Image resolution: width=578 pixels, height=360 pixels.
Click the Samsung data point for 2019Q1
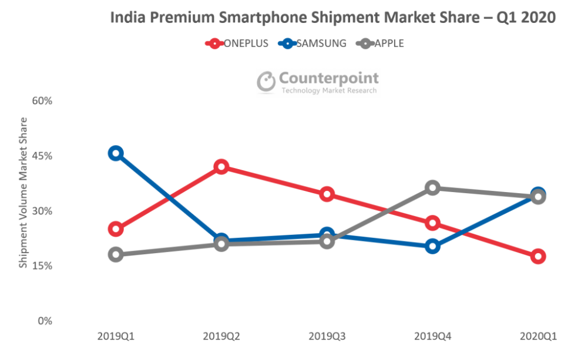pyautogui.click(x=116, y=153)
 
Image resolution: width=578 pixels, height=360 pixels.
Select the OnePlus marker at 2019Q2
pyautogui.click(x=221, y=167)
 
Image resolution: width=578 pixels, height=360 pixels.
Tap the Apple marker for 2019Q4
pyautogui.click(x=433, y=188)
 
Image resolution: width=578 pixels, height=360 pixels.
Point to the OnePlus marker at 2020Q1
pyautogui.click(x=538, y=256)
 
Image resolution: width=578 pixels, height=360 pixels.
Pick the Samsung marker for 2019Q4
pyautogui.click(x=433, y=246)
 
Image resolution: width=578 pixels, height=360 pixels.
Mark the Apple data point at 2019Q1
pyautogui.click(x=116, y=254)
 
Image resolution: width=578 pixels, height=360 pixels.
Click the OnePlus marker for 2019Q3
pyautogui.click(x=327, y=194)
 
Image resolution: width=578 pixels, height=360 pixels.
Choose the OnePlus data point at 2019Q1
pyautogui.click(x=116, y=228)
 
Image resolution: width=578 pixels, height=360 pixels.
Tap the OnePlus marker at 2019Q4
pyautogui.click(x=433, y=223)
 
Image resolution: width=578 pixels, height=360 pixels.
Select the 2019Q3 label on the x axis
pyautogui.click(x=327, y=337)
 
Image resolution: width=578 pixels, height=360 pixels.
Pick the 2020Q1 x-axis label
pyautogui.click(x=538, y=337)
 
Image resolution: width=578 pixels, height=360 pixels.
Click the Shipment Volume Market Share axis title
pyautogui.click(x=23, y=193)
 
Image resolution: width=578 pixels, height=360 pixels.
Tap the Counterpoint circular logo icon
pyautogui.click(x=266, y=82)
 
